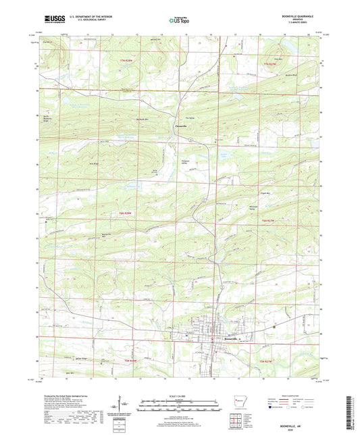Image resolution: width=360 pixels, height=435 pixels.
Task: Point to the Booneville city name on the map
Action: click(x=225, y=338)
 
